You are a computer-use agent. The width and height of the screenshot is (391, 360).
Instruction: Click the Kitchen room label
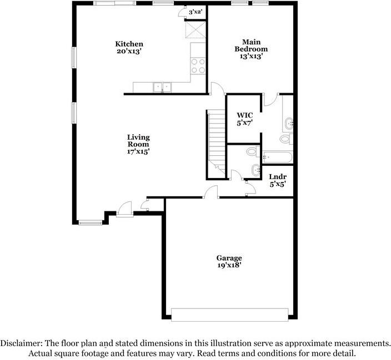(129, 44)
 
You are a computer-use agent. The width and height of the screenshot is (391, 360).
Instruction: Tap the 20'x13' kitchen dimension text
(129, 52)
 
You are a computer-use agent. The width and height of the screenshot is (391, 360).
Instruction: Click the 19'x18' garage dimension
(229, 266)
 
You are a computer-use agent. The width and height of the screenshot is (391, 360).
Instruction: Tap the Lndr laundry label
(277, 176)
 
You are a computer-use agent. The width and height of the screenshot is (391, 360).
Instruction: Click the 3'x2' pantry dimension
(194, 12)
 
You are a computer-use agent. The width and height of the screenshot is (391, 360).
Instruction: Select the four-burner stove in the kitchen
(198, 66)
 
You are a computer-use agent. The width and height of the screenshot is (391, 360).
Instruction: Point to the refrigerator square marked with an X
(195, 28)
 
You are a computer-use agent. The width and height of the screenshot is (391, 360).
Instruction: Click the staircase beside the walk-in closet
(215, 141)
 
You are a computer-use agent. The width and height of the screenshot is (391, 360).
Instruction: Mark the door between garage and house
(210, 192)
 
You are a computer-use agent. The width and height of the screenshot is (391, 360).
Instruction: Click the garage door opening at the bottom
(229, 315)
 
